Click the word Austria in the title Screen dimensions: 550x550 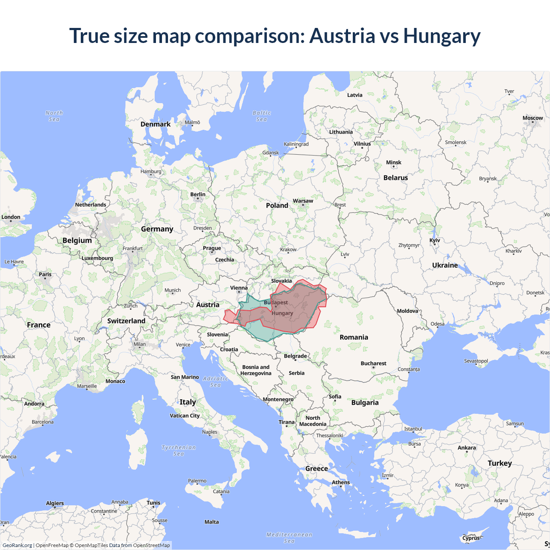(342, 36)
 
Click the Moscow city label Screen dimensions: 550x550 (532, 118)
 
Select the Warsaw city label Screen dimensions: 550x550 (303, 201)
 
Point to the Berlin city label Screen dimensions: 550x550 (198, 195)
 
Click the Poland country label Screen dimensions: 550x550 (277, 206)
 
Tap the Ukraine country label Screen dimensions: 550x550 (445, 266)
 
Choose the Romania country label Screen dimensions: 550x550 (354, 337)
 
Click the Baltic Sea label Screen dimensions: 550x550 (262, 116)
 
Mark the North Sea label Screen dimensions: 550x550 (54, 116)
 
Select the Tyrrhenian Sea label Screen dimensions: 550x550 (178, 450)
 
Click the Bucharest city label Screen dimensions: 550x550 (373, 364)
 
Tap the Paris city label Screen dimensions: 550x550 (45, 275)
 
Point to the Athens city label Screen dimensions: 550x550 (341, 483)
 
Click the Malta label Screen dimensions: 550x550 (211, 522)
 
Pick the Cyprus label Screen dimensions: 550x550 (471, 538)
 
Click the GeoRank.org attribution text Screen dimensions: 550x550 (17, 545)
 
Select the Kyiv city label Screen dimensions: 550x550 (434, 241)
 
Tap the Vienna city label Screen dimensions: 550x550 (238, 288)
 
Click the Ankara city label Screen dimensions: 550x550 (467, 448)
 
